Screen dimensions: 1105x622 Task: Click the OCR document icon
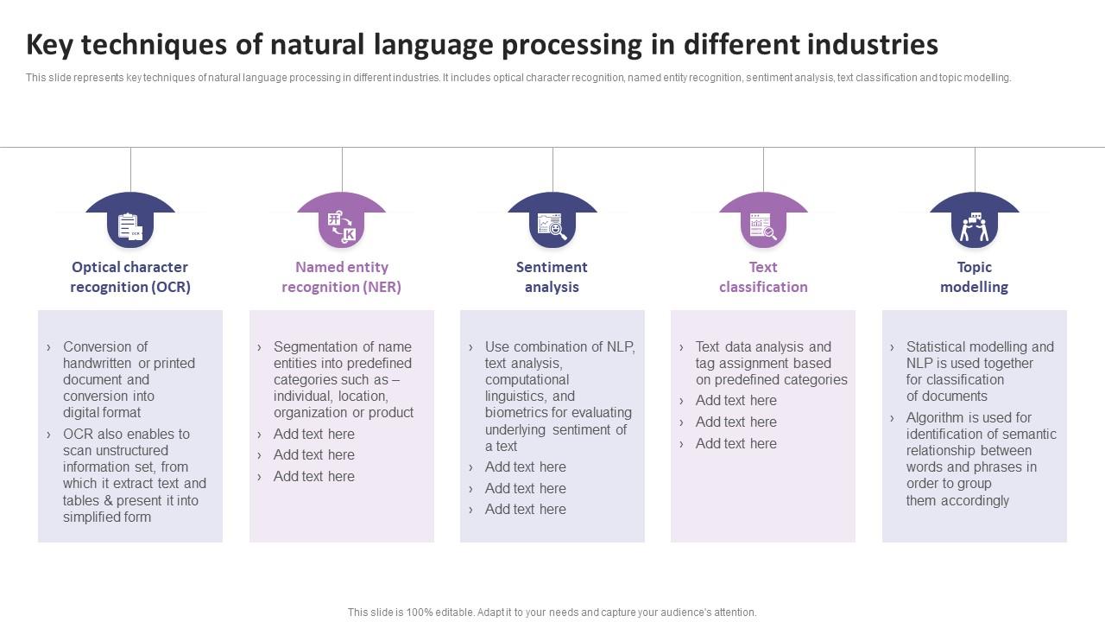coord(130,226)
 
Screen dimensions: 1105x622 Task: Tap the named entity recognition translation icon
coord(342,226)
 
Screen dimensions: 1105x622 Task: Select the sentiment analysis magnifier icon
coord(552,226)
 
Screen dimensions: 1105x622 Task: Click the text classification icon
coord(763,226)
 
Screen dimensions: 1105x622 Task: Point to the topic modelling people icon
coord(975,226)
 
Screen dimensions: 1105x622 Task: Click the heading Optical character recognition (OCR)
coord(130,277)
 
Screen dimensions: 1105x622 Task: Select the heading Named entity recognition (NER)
coord(341,277)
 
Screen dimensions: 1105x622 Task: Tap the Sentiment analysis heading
coord(552,277)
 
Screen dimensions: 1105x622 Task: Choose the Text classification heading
coord(763,277)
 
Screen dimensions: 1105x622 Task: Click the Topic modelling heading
coord(975,277)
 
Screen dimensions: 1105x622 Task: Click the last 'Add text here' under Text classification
coord(736,444)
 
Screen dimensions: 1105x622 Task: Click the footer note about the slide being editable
coord(552,612)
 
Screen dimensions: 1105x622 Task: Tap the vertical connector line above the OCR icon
coord(130,170)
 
